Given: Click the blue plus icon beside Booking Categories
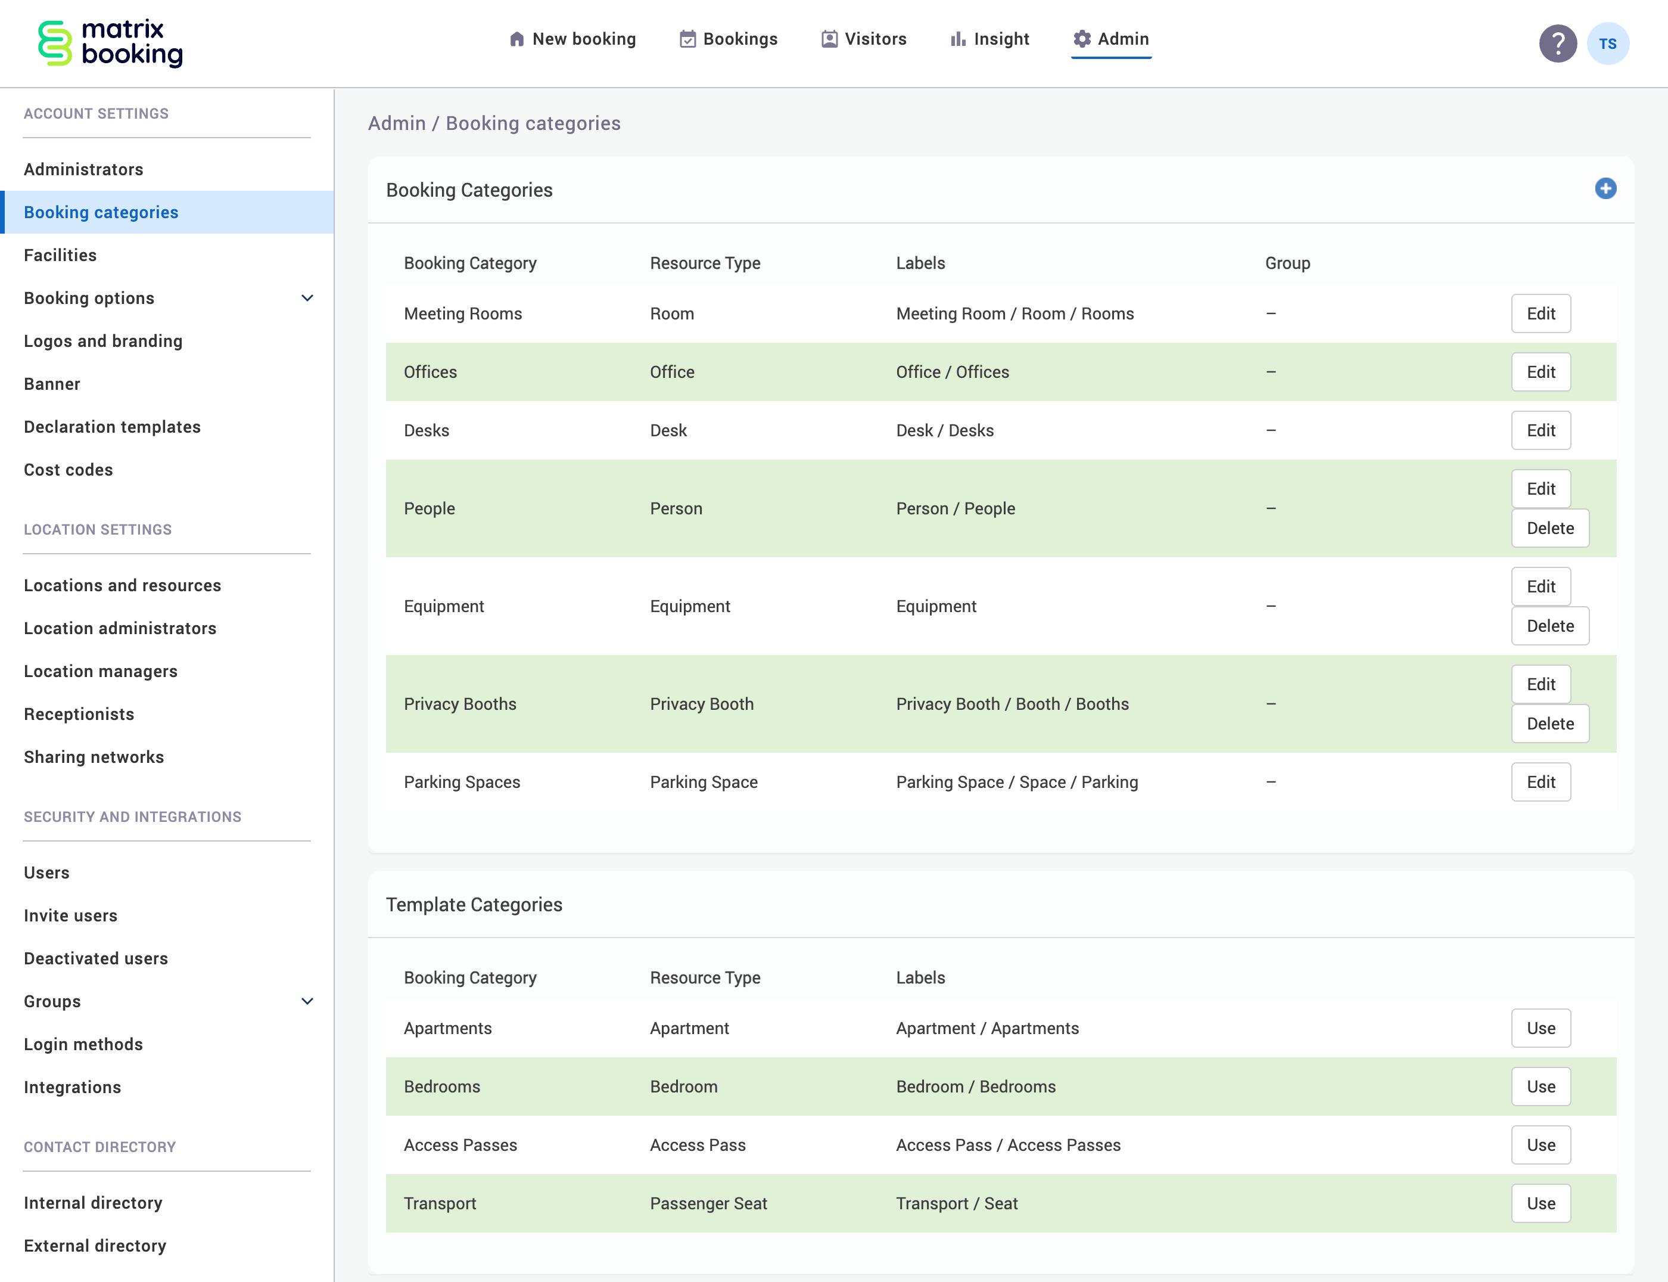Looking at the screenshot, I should click(x=1605, y=188).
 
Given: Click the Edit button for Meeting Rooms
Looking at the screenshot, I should click(x=1540, y=313).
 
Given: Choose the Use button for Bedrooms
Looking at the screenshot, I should click(x=1540, y=1087).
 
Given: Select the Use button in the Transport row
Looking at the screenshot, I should click(x=1540, y=1203).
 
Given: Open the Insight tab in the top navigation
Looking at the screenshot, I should click(x=990, y=39).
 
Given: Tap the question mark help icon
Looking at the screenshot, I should click(x=1557, y=44).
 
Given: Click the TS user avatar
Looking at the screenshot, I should click(x=1607, y=44).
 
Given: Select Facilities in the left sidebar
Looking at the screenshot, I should click(x=60, y=255).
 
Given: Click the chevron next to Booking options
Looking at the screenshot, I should click(x=307, y=299).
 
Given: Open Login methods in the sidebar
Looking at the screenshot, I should click(x=83, y=1044).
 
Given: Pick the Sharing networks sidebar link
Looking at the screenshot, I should click(x=94, y=757).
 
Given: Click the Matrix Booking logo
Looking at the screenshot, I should click(x=111, y=43).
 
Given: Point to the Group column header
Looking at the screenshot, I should click(x=1287, y=263).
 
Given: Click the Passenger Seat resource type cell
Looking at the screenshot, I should click(x=708, y=1203).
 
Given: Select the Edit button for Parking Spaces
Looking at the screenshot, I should click(x=1540, y=782).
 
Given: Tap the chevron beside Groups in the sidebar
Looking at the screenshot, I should click(x=307, y=1001).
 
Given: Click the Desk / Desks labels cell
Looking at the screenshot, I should click(x=944, y=430).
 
